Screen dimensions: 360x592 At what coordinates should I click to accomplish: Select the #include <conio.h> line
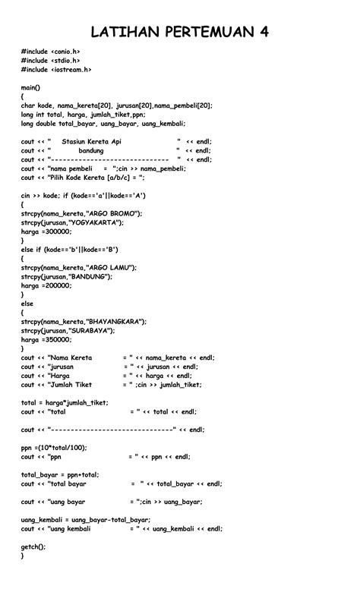click(x=50, y=52)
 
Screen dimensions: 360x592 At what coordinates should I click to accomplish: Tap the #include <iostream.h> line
click(x=56, y=69)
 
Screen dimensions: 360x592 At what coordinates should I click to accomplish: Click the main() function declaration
click(x=30, y=88)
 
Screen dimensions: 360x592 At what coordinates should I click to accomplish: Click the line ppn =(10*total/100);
click(x=54, y=448)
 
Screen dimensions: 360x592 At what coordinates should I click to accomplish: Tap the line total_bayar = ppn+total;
click(x=60, y=474)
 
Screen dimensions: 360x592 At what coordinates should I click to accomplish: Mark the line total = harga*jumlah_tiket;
click(x=65, y=402)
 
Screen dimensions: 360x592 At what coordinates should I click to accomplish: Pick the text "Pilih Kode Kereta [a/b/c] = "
click(x=96, y=177)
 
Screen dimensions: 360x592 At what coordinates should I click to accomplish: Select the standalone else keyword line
click(x=28, y=303)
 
